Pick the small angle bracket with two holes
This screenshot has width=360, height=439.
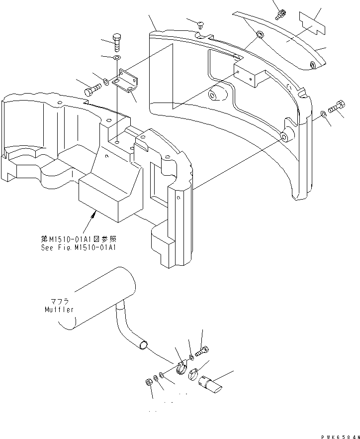click(128, 80)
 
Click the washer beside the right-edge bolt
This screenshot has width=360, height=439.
click(324, 115)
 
